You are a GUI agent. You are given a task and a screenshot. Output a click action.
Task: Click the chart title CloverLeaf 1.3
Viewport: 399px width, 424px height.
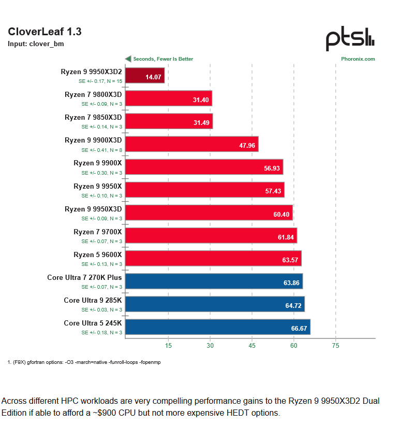45,32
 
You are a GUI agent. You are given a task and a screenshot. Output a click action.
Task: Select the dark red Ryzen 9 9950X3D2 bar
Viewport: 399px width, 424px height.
145,76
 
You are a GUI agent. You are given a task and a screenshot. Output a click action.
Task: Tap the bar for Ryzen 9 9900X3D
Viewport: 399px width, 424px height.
191,144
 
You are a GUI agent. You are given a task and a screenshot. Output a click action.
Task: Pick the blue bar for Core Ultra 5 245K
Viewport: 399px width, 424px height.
217,327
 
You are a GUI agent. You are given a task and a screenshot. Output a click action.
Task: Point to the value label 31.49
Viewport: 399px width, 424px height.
201,122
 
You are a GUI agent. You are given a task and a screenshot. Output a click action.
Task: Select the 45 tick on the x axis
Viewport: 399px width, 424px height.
252,345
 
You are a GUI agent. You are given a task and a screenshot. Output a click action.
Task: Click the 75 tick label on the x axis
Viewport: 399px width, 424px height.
335,345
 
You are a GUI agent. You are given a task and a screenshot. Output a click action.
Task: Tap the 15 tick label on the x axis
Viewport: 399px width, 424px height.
168,345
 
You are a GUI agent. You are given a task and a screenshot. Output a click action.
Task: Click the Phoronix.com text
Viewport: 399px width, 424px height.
358,59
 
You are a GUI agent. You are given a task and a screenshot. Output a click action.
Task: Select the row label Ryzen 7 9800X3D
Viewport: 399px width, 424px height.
93,94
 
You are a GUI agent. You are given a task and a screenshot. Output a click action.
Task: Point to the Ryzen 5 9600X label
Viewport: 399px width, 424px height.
97,255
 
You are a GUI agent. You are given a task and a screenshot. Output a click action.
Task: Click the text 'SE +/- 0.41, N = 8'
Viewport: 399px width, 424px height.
101,150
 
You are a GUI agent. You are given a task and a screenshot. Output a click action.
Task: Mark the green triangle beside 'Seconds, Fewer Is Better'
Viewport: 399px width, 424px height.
128,59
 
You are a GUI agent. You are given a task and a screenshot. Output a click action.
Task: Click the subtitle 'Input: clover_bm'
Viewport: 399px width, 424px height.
36,44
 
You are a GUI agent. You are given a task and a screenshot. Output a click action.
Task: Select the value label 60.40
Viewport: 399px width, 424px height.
284,213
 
